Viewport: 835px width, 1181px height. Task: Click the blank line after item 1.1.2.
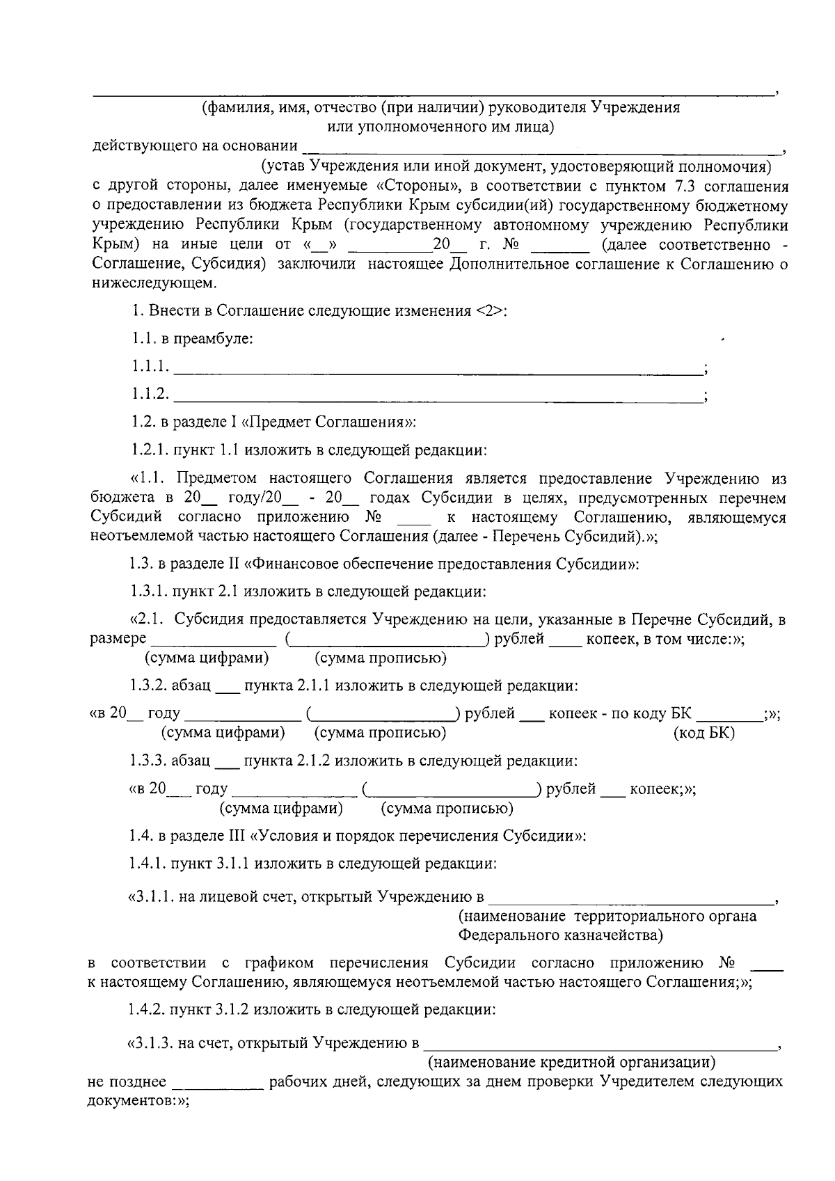click(x=438, y=400)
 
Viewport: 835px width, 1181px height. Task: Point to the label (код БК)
click(x=704, y=733)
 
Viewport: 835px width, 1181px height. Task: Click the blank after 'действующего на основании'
click(x=543, y=149)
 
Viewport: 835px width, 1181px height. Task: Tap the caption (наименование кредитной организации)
click(x=571, y=1063)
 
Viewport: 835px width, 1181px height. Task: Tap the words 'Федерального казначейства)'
click(x=560, y=934)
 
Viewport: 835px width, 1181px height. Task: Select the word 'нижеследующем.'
click(x=154, y=283)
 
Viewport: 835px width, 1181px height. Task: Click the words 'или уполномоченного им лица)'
click(x=440, y=127)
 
